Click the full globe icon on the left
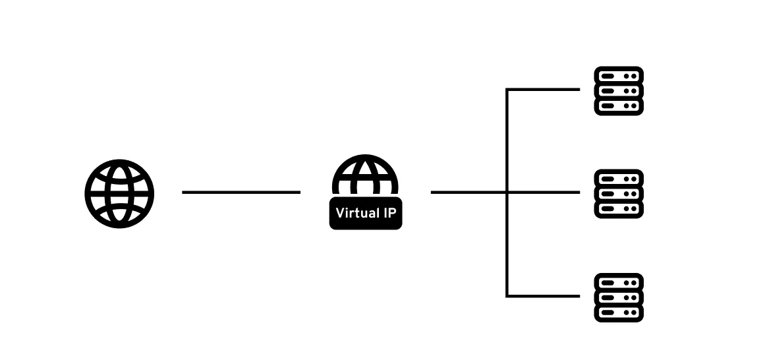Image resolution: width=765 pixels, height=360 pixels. [119, 193]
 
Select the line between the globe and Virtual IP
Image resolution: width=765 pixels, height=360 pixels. [241, 192]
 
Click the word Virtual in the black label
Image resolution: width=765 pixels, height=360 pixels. [356, 213]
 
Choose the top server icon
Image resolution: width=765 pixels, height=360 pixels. [619, 91]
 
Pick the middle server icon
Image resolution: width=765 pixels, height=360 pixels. [619, 194]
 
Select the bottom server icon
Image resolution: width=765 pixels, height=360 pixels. [619, 297]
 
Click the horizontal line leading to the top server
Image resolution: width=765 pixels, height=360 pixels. [544, 89]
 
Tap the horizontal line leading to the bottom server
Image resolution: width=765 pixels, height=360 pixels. [544, 296]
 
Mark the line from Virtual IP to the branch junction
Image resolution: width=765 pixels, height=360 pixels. [468, 192]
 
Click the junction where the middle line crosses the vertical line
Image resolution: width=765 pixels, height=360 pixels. [507, 192]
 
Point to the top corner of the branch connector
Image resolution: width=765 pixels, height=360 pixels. [507, 89]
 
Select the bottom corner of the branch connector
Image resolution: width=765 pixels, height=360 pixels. [507, 296]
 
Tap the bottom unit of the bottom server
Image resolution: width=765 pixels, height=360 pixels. [619, 313]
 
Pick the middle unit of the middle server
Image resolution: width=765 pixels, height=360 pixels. [619, 194]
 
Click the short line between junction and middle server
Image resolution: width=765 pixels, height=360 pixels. [544, 192]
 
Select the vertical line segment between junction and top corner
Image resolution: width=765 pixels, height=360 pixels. [507, 140]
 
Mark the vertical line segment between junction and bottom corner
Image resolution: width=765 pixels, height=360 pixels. [507, 244]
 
